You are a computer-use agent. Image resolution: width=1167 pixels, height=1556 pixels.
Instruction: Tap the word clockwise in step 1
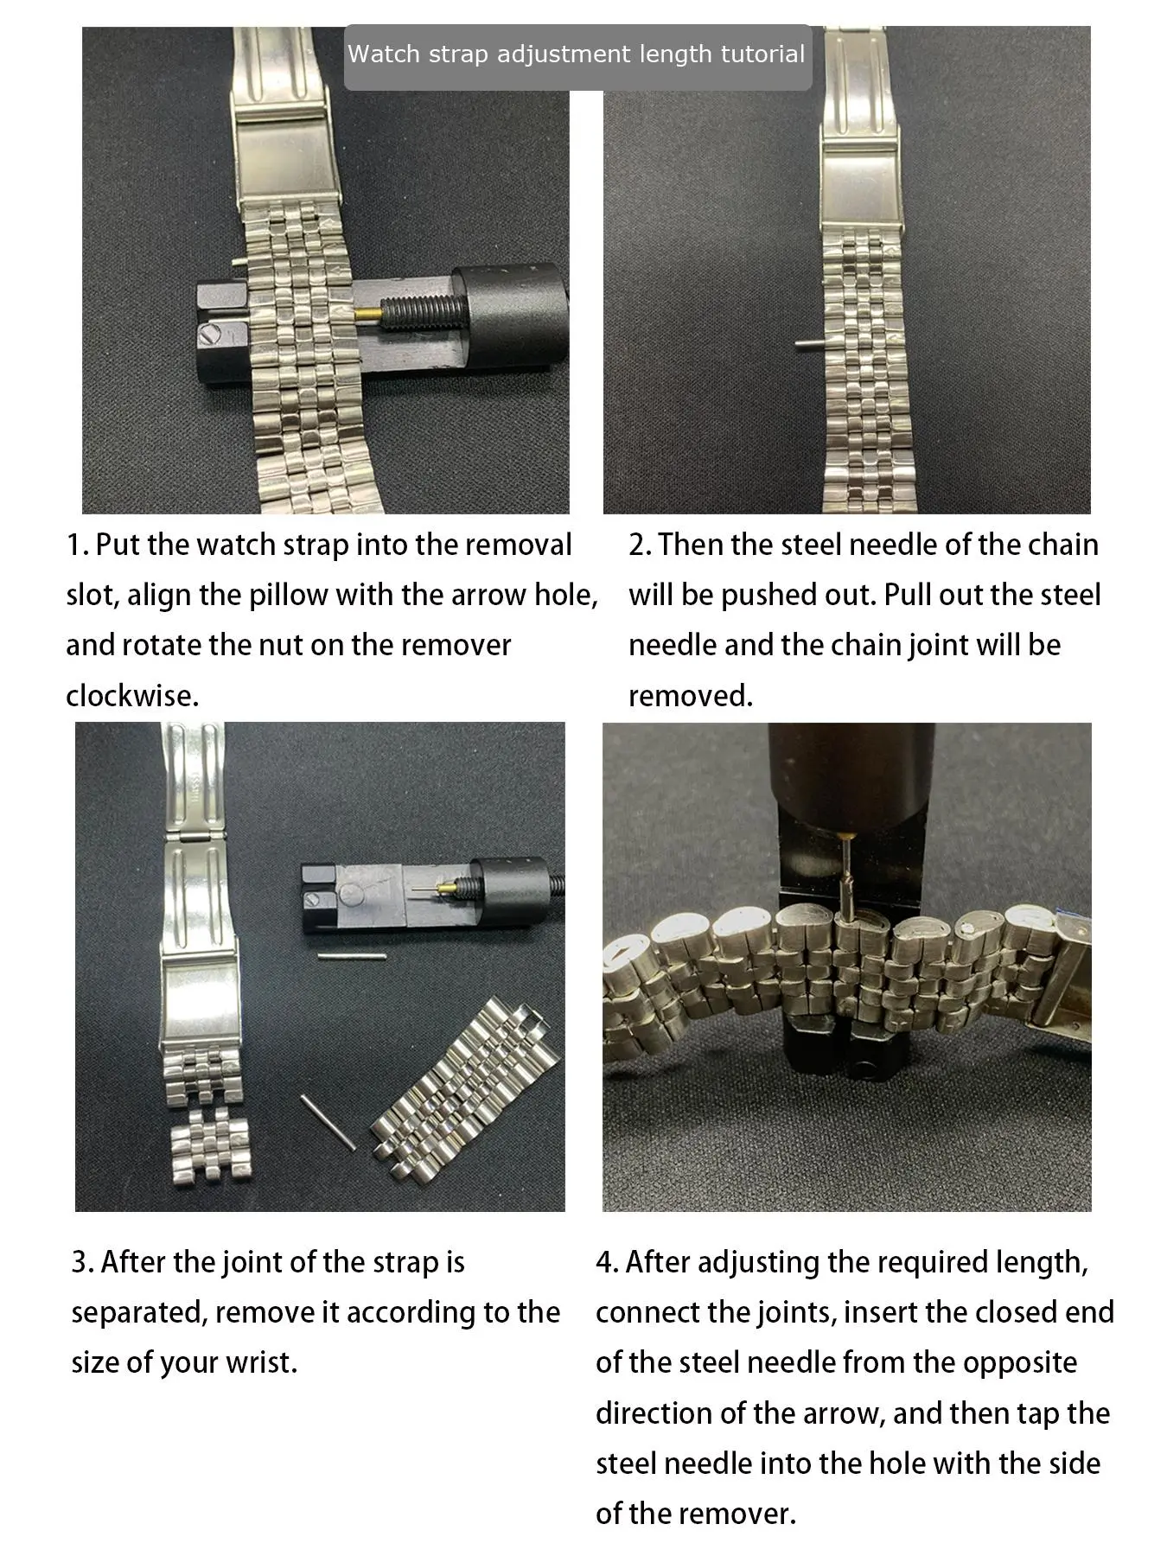(132, 696)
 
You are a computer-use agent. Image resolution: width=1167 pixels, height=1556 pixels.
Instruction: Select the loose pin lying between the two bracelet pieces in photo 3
(328, 1122)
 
